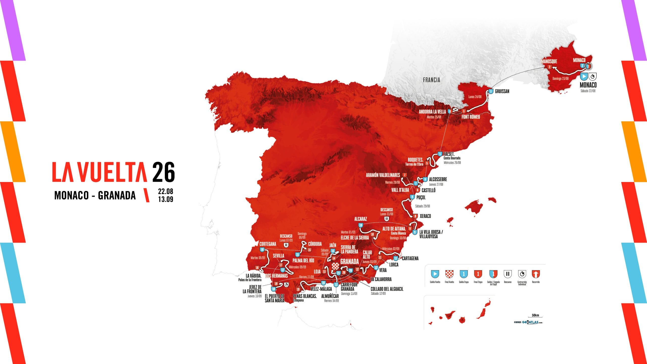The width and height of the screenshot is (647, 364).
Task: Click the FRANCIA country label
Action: click(x=431, y=80)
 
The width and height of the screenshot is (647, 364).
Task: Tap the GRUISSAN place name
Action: click(x=502, y=92)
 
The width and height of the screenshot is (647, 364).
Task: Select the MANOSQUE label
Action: click(x=549, y=61)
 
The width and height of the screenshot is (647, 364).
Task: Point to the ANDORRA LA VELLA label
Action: click(x=432, y=112)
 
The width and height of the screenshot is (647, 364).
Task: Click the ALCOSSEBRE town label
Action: click(x=438, y=179)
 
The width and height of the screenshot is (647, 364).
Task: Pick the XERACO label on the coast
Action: click(x=425, y=216)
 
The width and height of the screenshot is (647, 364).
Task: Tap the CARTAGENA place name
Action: click(x=410, y=258)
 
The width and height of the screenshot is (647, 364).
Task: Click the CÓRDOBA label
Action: click(x=315, y=244)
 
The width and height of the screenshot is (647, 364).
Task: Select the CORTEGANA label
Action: click(x=268, y=244)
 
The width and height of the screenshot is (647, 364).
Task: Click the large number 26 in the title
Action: click(x=164, y=172)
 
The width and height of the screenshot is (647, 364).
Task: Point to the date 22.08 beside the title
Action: click(x=166, y=191)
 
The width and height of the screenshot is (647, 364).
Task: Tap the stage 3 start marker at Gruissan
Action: click(x=491, y=91)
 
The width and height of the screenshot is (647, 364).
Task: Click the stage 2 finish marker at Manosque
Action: click(x=549, y=67)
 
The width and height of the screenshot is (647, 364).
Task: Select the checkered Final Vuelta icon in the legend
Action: click(x=449, y=274)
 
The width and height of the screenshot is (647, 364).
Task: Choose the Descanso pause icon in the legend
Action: click(x=508, y=274)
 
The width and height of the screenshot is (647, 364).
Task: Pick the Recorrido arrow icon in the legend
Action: click(x=536, y=274)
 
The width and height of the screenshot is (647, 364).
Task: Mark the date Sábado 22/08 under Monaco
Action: click(x=588, y=91)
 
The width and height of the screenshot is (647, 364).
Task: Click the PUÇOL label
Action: click(x=421, y=197)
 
